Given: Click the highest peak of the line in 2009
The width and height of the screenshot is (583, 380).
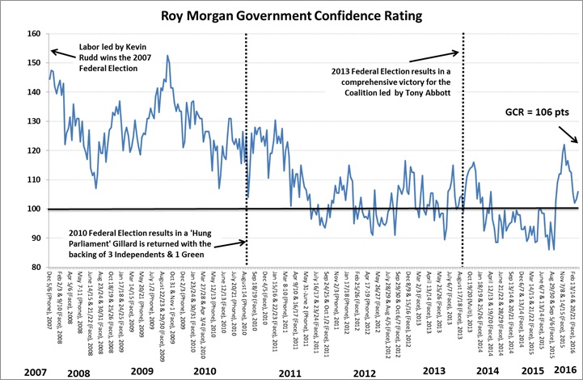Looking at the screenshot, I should (167, 56).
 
